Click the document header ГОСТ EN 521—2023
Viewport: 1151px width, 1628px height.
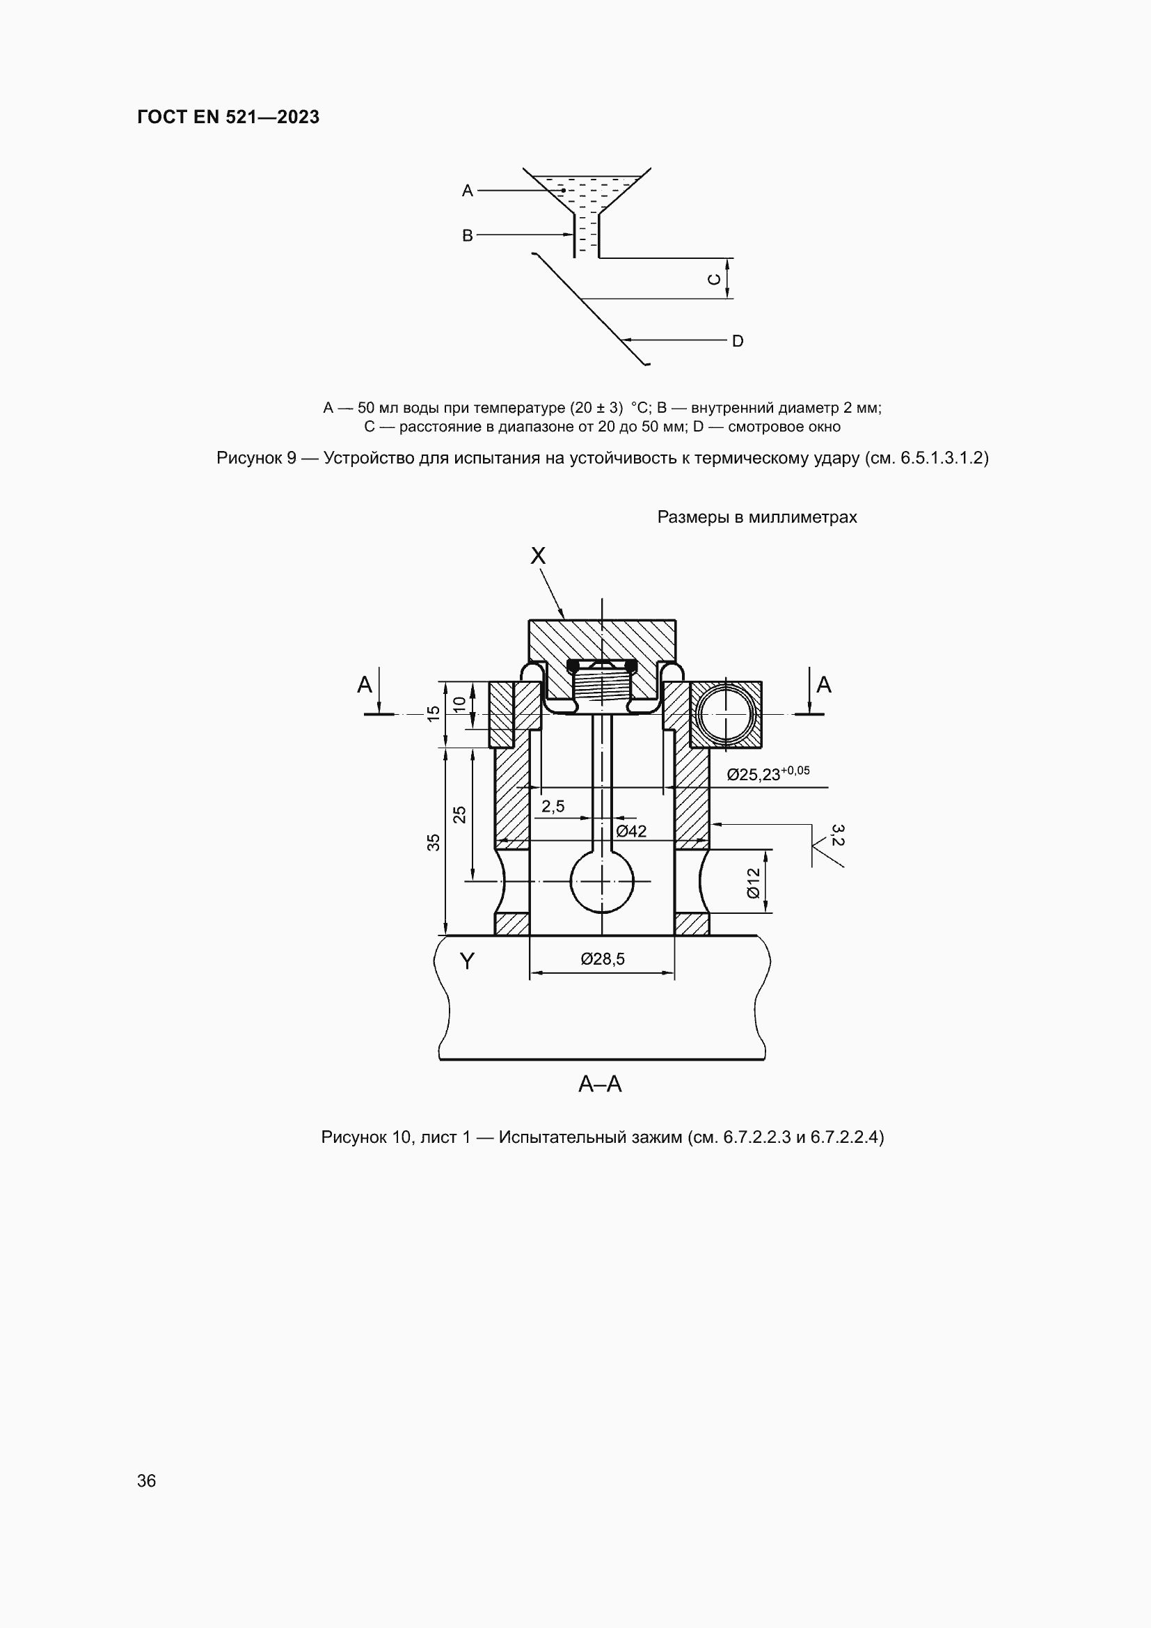point(228,117)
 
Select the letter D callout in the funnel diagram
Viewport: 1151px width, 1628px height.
point(738,341)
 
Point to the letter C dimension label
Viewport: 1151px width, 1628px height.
point(715,278)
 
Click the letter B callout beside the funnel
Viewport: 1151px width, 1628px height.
point(468,235)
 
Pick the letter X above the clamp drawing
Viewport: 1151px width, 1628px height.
point(538,556)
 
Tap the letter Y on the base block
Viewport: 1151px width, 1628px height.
point(467,961)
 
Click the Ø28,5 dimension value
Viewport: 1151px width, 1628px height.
point(603,958)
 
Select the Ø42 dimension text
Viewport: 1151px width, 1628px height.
point(630,831)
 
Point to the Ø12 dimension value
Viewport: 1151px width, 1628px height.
point(754,883)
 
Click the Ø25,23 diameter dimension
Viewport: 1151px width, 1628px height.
point(768,773)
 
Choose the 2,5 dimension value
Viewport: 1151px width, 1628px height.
point(553,806)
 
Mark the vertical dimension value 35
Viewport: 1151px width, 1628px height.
point(434,842)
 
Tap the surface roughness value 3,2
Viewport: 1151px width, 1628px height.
point(837,835)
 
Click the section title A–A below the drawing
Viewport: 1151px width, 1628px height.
point(601,1084)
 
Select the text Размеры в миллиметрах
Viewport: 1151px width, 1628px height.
point(757,517)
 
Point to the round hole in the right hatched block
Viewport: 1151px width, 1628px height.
point(726,715)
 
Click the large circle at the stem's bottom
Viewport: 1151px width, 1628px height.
point(602,881)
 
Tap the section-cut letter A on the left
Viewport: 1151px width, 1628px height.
point(364,685)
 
